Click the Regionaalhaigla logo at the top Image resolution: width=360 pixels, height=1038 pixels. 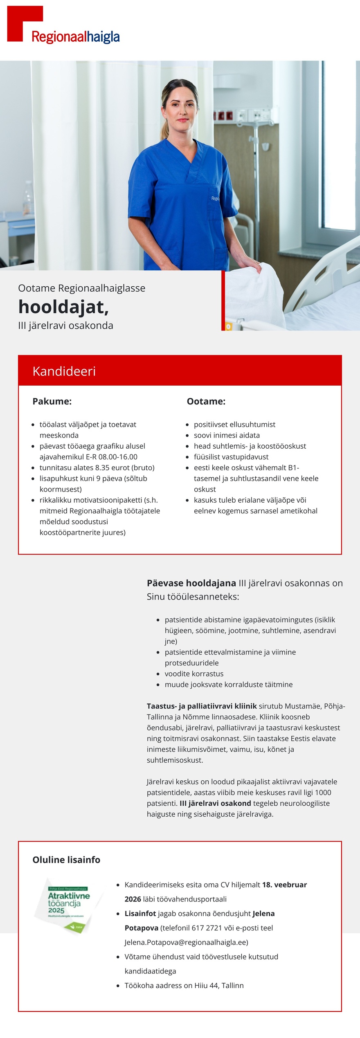pos(63,25)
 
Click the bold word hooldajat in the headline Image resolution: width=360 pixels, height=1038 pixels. pos(63,307)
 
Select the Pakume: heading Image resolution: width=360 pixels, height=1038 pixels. pos(52,401)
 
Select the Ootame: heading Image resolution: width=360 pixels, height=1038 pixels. pos(206,401)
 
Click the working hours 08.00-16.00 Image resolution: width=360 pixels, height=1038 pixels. pos(118,457)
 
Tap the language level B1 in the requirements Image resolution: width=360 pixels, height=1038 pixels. pos(293,467)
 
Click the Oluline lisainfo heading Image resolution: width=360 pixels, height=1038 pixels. pos(66,860)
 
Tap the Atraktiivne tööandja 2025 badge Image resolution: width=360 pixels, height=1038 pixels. pos(68,905)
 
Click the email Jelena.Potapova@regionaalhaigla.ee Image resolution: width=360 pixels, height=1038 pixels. pos(186,942)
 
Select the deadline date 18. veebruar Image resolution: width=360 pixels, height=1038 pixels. pos(284,885)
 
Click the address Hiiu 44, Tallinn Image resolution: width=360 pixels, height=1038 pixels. pos(219,986)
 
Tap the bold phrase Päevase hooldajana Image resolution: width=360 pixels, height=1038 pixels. pos(191,583)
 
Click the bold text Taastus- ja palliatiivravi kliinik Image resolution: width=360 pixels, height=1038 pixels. pos(202,706)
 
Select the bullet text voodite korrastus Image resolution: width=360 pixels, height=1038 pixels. pos(194,674)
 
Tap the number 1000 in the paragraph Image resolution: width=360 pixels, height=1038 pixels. pos(323,792)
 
